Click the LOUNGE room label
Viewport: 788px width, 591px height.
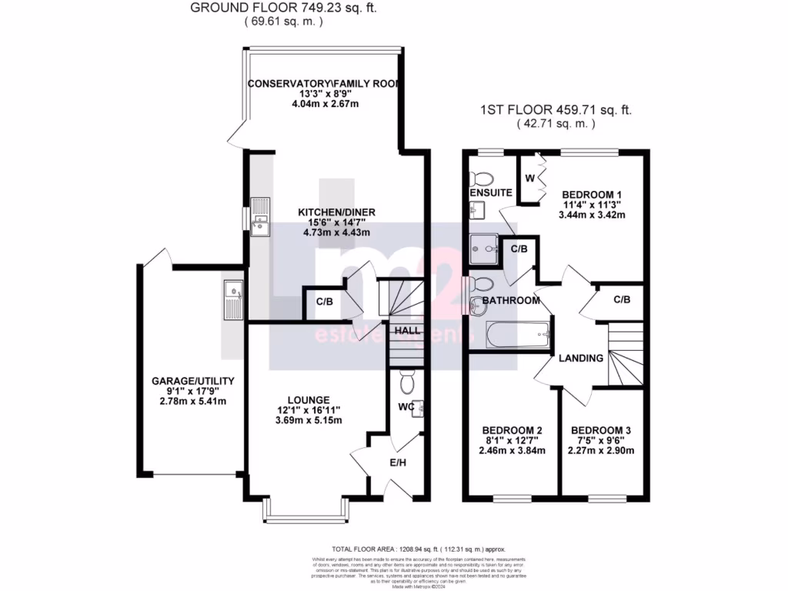[x=309, y=400]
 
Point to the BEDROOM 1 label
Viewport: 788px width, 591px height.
[x=593, y=194]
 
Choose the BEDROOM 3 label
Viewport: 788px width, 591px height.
[x=602, y=430]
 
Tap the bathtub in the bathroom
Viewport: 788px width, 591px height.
[x=518, y=334]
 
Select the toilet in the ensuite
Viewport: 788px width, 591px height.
[x=484, y=170]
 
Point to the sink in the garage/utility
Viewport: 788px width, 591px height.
[x=232, y=300]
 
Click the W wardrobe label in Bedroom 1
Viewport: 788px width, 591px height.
[x=529, y=179]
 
